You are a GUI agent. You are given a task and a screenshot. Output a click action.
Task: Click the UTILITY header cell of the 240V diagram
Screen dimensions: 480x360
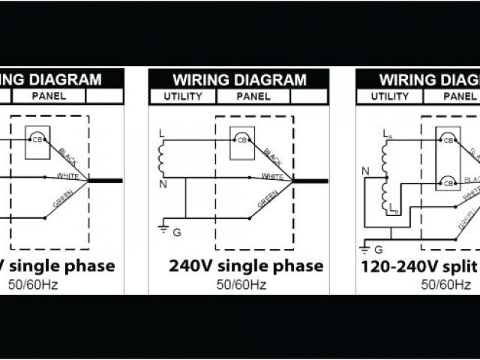pos(182,97)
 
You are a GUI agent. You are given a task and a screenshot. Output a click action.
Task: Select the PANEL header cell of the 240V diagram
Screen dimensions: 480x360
pos(254,97)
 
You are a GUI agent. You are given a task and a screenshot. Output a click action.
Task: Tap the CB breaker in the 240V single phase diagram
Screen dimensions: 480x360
pos(241,139)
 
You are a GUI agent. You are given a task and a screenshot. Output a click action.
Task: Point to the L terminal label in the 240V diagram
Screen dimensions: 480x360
pos(161,133)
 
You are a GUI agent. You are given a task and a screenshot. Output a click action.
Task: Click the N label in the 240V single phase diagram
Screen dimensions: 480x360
pos(162,184)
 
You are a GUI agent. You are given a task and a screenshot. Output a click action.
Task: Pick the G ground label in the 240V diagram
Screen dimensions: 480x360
pos(177,232)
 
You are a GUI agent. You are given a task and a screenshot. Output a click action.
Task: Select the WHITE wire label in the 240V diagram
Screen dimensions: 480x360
pos(271,176)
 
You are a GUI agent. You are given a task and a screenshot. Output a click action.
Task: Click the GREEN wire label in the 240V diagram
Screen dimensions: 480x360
pos(268,199)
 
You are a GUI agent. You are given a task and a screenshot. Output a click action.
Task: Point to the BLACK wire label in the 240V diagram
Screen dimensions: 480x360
pos(273,157)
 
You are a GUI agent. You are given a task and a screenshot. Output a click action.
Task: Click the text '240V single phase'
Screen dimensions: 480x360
pos(246,266)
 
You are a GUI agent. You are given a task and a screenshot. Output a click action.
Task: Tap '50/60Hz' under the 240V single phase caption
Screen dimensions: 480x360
pos(241,284)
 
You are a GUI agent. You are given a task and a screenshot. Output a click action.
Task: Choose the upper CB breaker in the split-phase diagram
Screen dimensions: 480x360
pos(448,140)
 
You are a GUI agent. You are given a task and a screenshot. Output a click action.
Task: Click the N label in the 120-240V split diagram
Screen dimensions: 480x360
pos(365,171)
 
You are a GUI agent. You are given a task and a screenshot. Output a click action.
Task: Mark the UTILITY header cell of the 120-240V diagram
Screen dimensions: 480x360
pos(390,97)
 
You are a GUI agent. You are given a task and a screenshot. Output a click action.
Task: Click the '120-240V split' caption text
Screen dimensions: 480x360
pos(420,266)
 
